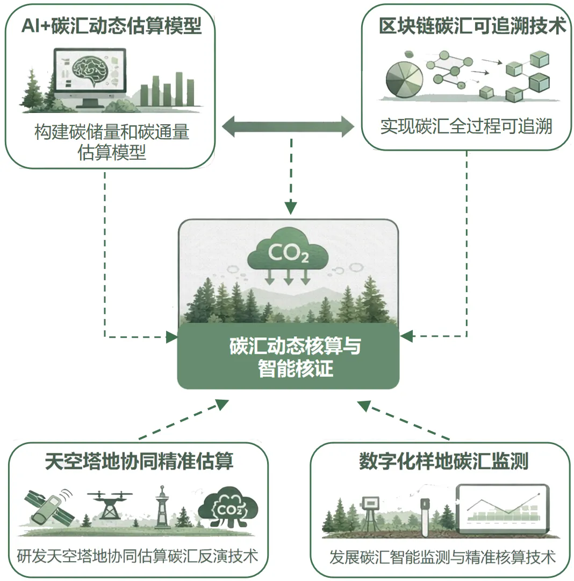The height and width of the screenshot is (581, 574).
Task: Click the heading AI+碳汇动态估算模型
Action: [111, 26]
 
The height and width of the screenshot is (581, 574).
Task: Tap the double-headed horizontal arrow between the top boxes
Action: [288, 127]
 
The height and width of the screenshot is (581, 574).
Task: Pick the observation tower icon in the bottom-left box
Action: [161, 508]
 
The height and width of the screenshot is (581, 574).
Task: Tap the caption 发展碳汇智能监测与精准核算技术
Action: [442, 556]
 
